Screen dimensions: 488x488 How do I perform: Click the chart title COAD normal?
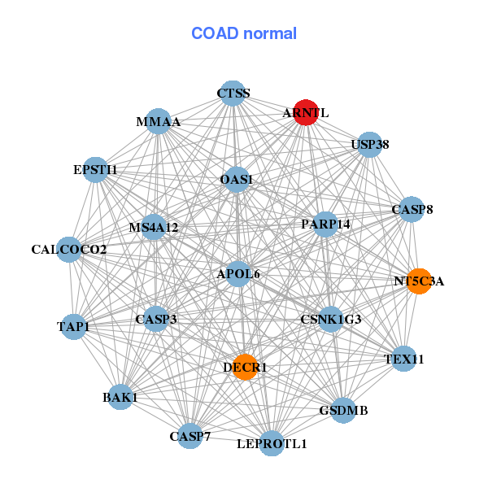(x=244, y=34)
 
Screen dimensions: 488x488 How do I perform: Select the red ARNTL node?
(x=305, y=114)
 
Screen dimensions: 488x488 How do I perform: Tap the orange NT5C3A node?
(x=418, y=281)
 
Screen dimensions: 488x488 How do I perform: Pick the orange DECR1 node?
(x=245, y=368)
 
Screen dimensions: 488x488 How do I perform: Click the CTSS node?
(x=233, y=94)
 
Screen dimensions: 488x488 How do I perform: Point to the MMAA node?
(x=158, y=122)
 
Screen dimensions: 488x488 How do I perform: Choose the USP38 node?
(x=370, y=145)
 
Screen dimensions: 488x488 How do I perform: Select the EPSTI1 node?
(x=96, y=170)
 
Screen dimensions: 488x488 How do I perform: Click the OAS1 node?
(x=237, y=179)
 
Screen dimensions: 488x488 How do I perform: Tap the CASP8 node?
(x=412, y=210)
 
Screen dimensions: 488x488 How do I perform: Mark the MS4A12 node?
(x=154, y=227)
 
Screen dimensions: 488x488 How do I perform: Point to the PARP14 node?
(x=325, y=224)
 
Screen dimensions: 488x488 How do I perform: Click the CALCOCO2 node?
(x=69, y=249)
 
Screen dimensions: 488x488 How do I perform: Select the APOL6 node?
(x=237, y=274)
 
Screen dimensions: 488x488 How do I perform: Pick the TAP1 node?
(x=74, y=327)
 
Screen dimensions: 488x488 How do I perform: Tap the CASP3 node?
(x=156, y=320)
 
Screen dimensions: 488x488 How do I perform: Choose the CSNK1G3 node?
(x=330, y=320)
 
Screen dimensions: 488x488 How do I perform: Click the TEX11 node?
(x=404, y=359)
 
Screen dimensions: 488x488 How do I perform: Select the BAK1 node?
(x=120, y=397)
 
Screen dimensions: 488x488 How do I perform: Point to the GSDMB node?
(x=343, y=411)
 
